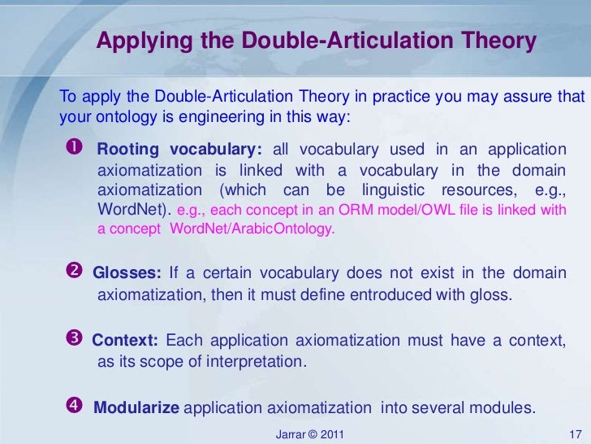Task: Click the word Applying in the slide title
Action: tap(136, 41)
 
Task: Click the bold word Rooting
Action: tap(127, 150)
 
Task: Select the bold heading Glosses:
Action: tap(127, 273)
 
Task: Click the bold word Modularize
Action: tap(136, 407)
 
